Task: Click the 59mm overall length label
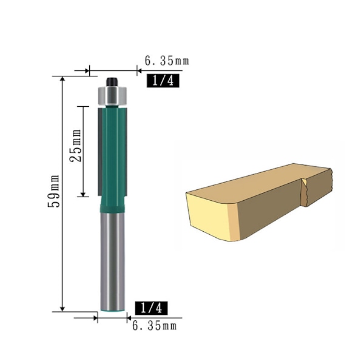pos(54,191)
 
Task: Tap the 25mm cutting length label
pos(76,146)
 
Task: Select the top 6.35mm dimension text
pos(167,61)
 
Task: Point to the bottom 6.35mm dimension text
pos(154,325)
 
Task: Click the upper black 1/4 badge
pos(163,81)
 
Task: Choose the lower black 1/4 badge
pos(151,308)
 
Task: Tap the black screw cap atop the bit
pos(112,82)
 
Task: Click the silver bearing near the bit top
pos(112,96)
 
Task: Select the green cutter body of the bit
pos(113,153)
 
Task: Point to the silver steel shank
pos(113,261)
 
